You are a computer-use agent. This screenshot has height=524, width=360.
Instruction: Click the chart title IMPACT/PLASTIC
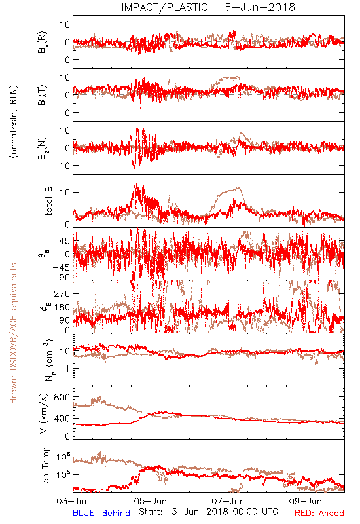pos(165,7)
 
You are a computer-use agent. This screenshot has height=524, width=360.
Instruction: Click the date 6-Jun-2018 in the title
pos(260,7)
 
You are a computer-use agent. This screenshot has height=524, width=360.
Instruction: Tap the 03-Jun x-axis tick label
pos(73,501)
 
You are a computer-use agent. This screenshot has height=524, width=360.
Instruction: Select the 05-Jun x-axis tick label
pos(151,501)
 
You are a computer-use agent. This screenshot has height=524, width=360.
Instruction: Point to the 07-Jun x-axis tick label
pos(228,501)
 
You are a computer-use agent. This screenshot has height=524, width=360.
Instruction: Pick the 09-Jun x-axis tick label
pos(306,501)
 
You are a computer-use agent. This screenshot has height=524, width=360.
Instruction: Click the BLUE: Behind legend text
pos(101,513)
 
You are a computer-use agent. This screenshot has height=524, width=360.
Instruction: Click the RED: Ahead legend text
pos(319,513)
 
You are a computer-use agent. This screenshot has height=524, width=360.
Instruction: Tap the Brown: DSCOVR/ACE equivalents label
pos(13,333)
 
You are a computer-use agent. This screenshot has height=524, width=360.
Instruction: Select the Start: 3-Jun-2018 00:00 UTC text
pos(208,512)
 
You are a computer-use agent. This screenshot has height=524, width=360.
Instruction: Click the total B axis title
pos(48,201)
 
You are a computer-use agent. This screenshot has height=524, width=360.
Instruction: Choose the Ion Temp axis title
pos(45,466)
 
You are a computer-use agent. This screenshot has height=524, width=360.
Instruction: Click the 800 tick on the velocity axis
pos(62,397)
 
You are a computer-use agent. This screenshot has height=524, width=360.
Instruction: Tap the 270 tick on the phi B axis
pos(62,293)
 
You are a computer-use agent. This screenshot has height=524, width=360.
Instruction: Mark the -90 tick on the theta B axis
pos(62,277)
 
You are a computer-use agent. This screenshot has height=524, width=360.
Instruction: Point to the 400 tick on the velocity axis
pos(62,418)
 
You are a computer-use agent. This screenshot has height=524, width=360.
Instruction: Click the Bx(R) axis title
pos(43,42)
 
